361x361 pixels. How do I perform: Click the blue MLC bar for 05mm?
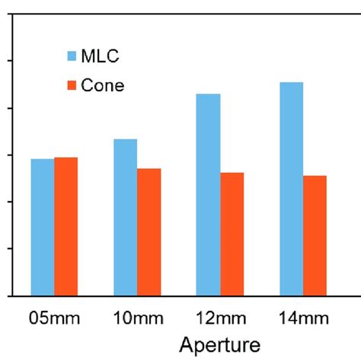(42, 227)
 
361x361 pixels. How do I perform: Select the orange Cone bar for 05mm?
(65, 226)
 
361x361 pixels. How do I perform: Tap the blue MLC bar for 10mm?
(125, 217)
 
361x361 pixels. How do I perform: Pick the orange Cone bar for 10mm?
(149, 232)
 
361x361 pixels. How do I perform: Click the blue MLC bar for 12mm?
(208, 194)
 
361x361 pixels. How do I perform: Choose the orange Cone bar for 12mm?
(232, 234)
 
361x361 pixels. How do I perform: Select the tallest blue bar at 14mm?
(292, 188)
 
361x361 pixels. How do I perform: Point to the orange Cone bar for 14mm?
(315, 235)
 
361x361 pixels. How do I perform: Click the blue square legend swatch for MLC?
(72, 56)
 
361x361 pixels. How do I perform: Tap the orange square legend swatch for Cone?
(72, 85)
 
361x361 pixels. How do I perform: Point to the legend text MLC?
(100, 56)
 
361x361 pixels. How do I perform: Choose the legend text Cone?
(103, 85)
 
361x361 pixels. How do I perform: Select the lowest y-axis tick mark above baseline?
(10, 248)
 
